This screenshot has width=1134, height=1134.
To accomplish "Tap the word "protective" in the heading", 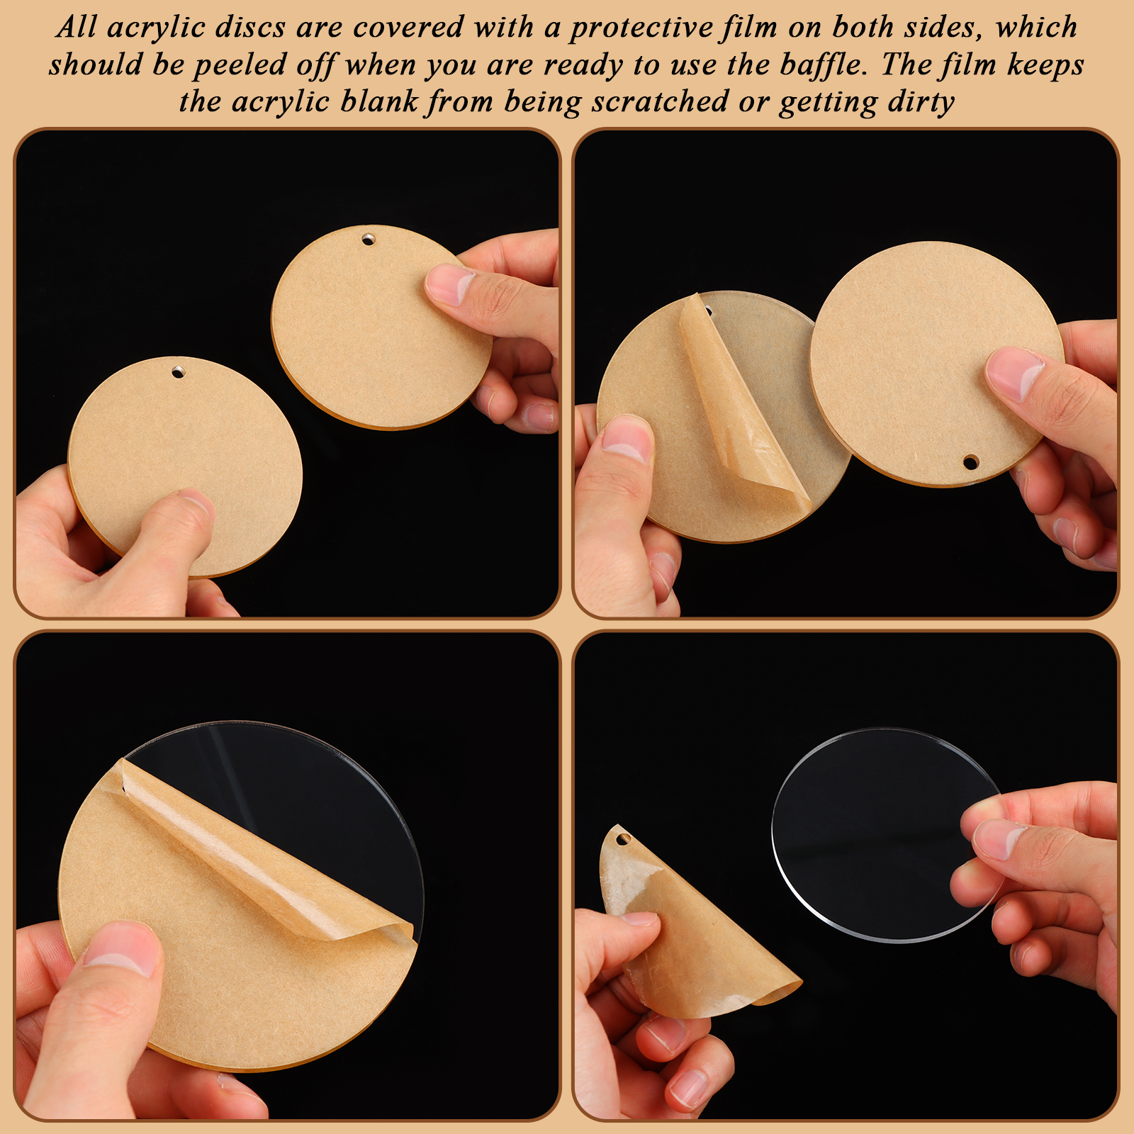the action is [641, 28].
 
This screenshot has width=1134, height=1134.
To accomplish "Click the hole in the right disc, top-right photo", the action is [970, 462].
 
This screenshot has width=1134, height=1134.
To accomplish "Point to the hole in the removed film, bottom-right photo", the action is [623, 839].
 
